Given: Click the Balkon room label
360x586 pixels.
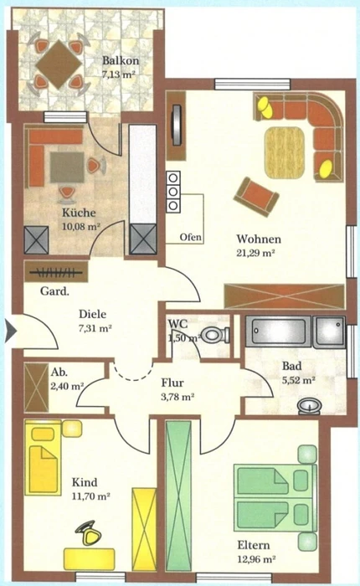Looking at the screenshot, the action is point(121,60).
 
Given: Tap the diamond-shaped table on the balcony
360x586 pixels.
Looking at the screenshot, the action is point(59,64).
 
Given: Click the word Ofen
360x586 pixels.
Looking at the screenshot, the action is point(191,237).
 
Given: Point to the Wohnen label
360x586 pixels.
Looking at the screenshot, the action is point(259,239).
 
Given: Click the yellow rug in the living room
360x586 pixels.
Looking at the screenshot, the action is point(285,152).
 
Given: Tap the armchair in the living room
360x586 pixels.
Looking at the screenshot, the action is point(256,197).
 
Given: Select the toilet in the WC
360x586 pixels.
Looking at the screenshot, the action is point(217,335).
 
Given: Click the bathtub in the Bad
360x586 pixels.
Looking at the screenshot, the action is point(279,331).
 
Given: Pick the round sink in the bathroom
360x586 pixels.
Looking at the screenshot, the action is point(310,406).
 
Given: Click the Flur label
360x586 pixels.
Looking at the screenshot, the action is point(172,383).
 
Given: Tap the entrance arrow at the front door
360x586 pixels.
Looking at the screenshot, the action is point(11,332).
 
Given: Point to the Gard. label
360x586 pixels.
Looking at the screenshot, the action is point(54,290).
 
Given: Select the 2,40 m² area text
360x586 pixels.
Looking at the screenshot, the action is point(67,386).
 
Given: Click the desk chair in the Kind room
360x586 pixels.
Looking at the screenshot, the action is point(89,533).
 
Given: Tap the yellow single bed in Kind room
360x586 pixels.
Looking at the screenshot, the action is point(43,457).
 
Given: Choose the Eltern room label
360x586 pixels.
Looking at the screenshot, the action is point(254,545).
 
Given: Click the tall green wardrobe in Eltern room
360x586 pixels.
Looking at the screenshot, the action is point(178,496).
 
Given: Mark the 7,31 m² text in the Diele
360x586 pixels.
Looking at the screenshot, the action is point(95,328).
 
